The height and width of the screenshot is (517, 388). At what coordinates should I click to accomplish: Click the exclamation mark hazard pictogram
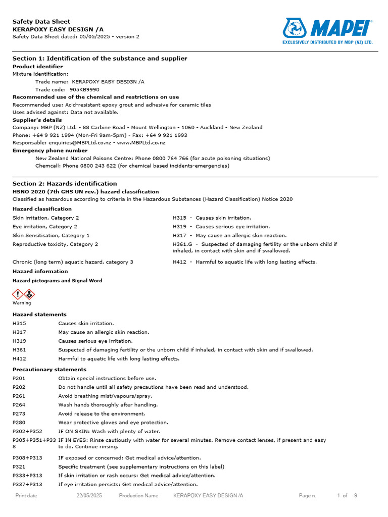click(18, 294)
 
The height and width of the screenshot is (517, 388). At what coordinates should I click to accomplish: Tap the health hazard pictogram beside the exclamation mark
click(29, 294)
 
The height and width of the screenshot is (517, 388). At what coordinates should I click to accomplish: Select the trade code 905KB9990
click(84, 89)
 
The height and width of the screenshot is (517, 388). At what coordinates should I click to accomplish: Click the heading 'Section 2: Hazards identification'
click(65, 184)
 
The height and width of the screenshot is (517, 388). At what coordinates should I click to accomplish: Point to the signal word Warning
click(22, 303)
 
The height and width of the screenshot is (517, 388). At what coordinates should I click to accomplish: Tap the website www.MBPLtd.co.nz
click(141, 143)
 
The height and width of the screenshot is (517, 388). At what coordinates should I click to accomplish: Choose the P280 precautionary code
click(19, 423)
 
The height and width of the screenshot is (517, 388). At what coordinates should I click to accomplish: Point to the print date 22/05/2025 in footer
click(89, 496)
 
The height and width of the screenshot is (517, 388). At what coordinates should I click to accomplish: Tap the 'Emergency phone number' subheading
click(50, 150)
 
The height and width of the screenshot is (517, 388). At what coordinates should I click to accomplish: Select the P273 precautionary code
click(19, 413)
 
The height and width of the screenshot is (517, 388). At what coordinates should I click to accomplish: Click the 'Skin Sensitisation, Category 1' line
click(51, 236)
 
